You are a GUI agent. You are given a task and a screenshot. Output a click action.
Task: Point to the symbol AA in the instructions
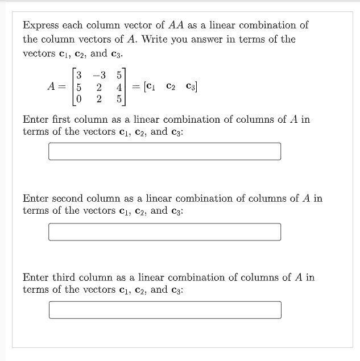176,25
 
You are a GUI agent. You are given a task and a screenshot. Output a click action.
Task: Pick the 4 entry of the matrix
118,87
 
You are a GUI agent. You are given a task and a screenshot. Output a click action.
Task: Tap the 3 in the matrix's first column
79,74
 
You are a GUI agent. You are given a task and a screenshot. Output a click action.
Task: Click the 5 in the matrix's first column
79,87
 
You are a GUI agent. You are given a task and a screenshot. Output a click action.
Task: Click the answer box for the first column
165,151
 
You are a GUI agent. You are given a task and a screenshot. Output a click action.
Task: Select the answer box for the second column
165,231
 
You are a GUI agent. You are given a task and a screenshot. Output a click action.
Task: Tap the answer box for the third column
165,310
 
